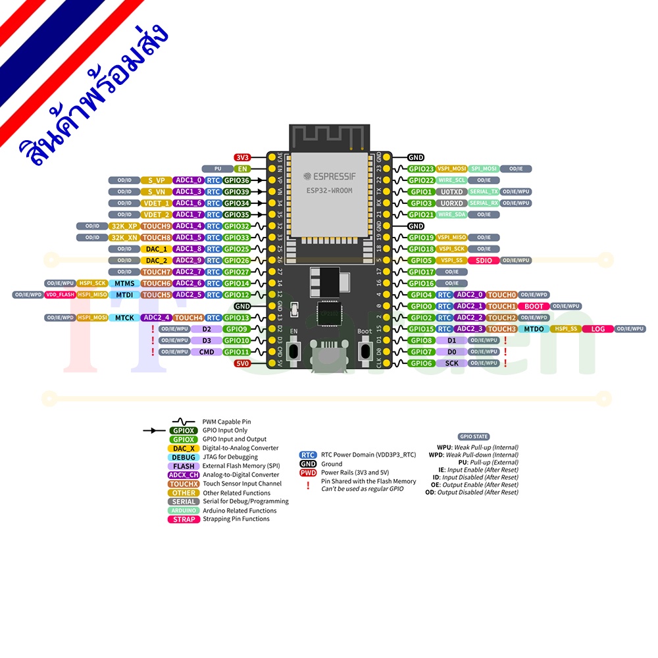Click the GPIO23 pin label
421,169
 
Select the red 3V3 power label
243,158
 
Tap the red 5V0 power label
243,363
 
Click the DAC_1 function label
156,249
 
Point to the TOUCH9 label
157,226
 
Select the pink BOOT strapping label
534,306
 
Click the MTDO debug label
534,329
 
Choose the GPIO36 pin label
237,180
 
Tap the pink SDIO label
484,261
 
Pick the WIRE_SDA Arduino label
451,215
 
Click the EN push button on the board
294,350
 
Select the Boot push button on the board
365,350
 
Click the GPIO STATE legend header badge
474,436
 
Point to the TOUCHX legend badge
184,484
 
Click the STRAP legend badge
184,519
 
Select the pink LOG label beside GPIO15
597,329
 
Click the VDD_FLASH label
60,295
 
